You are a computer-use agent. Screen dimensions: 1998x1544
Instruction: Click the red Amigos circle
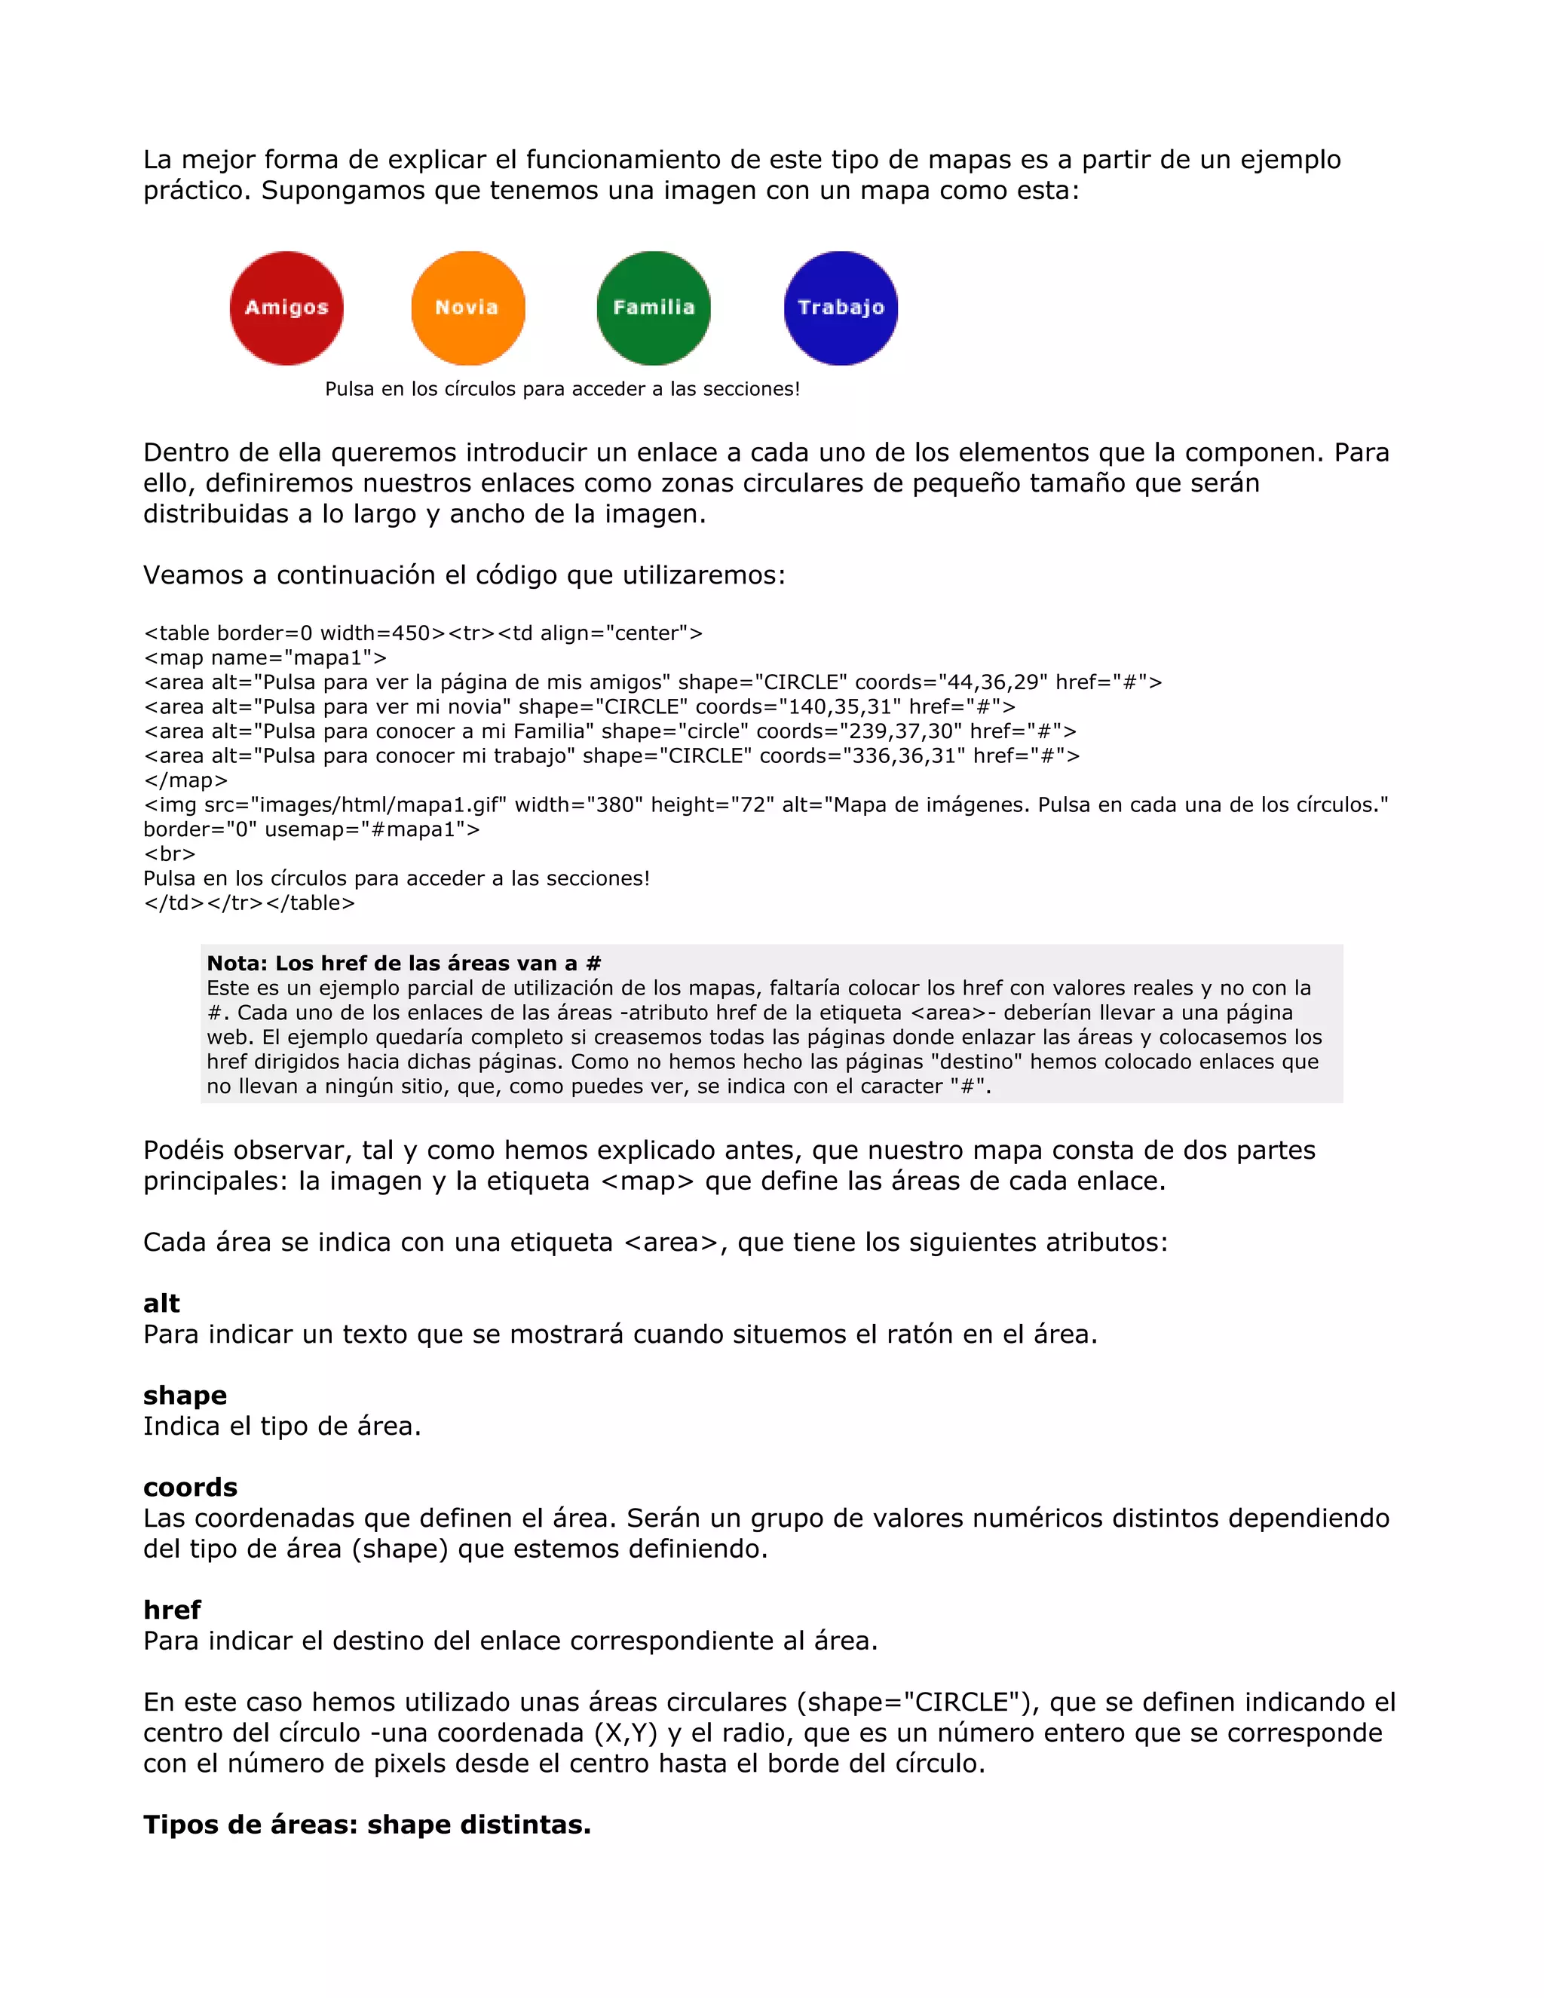[286, 308]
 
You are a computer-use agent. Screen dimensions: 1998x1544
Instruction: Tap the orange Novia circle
[468, 308]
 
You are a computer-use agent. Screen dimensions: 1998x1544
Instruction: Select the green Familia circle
[653, 308]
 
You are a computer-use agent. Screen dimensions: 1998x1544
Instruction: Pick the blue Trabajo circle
[841, 308]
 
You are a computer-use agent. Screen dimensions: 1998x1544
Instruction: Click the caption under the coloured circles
[562, 389]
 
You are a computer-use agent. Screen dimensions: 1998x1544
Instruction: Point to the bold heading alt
[161, 1304]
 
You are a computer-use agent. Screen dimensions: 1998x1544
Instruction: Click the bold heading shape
[185, 1395]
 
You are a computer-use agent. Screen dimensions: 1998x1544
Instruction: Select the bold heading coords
[190, 1488]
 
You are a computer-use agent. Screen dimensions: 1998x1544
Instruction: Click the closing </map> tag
[185, 780]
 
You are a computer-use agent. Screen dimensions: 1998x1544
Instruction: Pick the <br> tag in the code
[169, 854]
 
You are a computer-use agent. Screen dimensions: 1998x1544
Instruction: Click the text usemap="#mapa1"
[370, 830]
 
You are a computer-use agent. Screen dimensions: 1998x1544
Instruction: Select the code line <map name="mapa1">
[265, 657]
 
